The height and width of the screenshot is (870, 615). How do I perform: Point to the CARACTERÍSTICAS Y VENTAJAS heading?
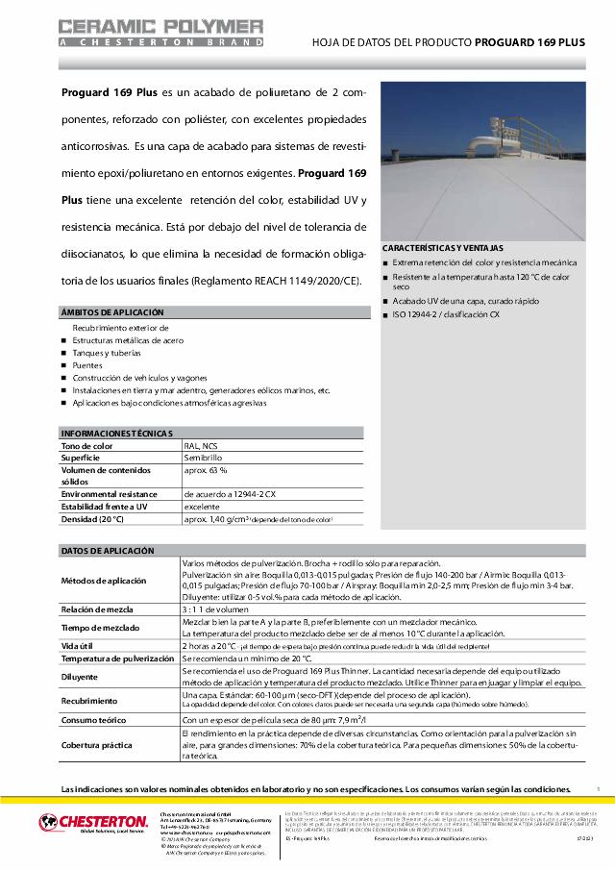tap(443, 248)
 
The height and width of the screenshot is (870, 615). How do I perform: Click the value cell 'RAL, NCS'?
tap(201, 446)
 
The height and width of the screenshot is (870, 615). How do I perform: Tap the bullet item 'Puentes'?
tap(87, 365)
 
